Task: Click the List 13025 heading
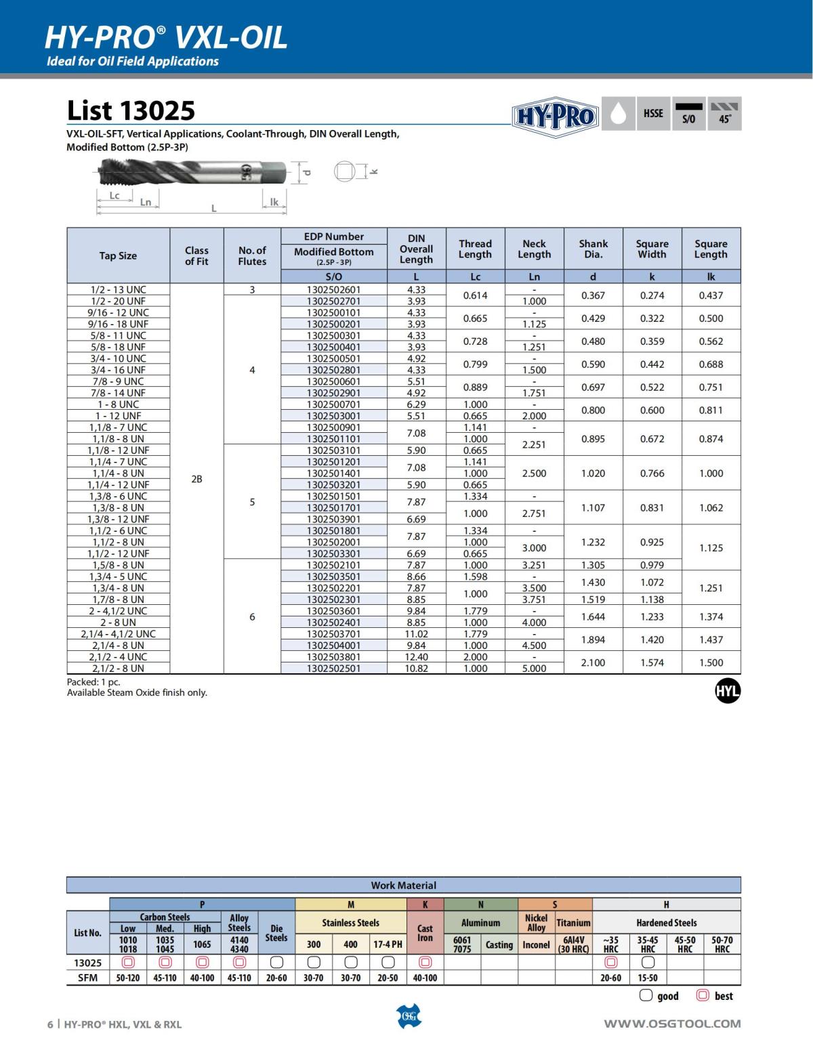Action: pos(131,110)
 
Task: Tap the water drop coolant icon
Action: pos(617,114)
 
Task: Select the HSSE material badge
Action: pos(653,113)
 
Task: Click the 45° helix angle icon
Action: pos(724,114)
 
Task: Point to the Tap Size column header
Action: pos(118,256)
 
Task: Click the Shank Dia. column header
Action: pos(593,249)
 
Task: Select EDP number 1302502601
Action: pos(333,289)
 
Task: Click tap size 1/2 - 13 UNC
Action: pos(119,289)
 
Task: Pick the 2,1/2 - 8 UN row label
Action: pos(119,669)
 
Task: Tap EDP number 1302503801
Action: pos(333,657)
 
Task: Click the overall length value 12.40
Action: pos(416,657)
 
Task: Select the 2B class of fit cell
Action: pos(196,479)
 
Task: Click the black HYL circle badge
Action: pos(728,692)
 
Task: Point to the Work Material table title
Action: pos(403,885)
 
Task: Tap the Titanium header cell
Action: pos(573,923)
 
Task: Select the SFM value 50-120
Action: pos(128,977)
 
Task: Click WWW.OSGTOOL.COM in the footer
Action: pos(672,1024)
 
